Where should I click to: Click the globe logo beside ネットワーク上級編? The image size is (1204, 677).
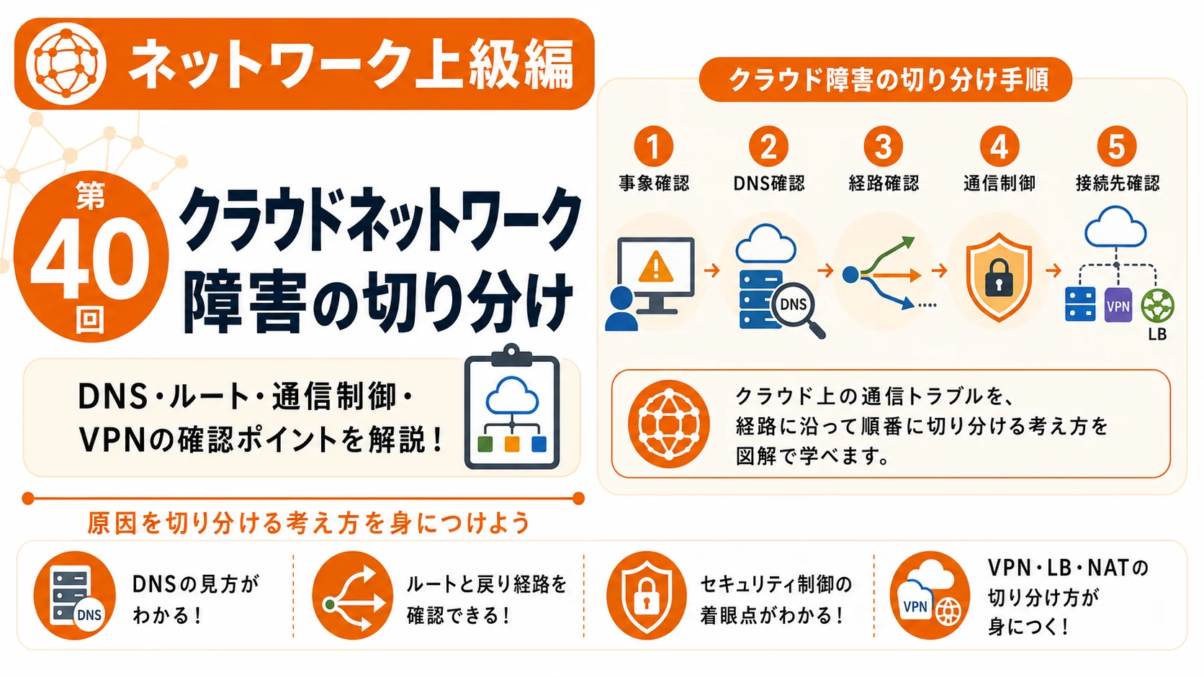pos(66,64)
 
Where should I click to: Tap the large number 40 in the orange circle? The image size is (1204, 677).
pos(90,259)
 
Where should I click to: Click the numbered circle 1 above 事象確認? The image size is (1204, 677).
pos(653,146)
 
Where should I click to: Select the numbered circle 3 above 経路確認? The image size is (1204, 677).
pos(883,146)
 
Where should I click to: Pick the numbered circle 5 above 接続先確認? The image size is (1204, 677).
pos(1116,146)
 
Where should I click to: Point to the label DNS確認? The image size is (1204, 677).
pos(768,183)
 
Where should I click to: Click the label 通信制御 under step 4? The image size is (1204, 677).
pos(999,183)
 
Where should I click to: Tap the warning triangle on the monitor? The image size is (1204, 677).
pos(655,267)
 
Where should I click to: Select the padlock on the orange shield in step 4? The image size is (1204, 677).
pos(999,278)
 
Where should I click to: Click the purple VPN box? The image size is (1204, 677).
pos(1118,305)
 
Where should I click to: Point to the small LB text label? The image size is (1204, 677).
pos(1157,335)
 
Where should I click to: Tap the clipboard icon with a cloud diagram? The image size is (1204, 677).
pos(512,407)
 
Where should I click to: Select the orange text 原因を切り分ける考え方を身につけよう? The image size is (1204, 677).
pos(308,522)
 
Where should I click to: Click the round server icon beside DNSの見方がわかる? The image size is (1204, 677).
pos(75,596)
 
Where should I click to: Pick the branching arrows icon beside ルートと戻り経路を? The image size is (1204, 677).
pos(353,596)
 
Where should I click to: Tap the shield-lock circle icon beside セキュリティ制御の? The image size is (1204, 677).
pos(647,596)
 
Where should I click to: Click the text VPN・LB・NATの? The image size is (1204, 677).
pos(1067,568)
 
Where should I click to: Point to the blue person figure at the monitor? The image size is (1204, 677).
pos(621,309)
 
